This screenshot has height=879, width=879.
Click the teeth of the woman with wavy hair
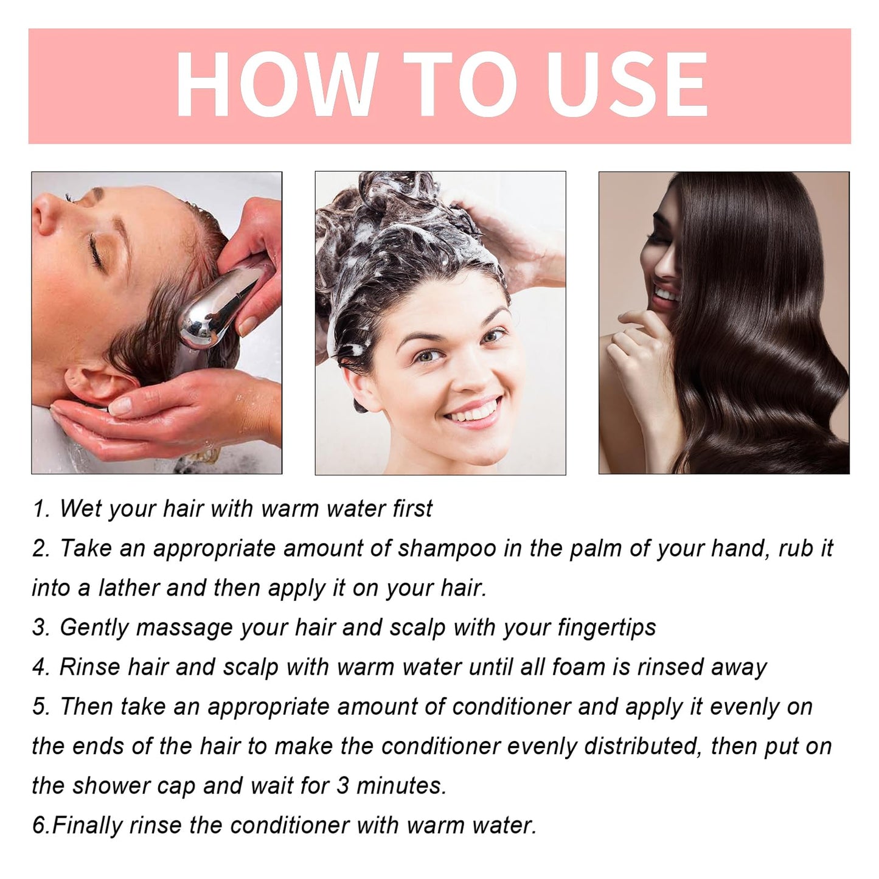pos(667,293)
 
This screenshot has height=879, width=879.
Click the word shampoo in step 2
pos(446,548)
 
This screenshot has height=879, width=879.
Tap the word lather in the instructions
pos(128,588)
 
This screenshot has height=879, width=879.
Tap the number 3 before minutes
pos(344,786)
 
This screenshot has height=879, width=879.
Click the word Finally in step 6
pos(87,826)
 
